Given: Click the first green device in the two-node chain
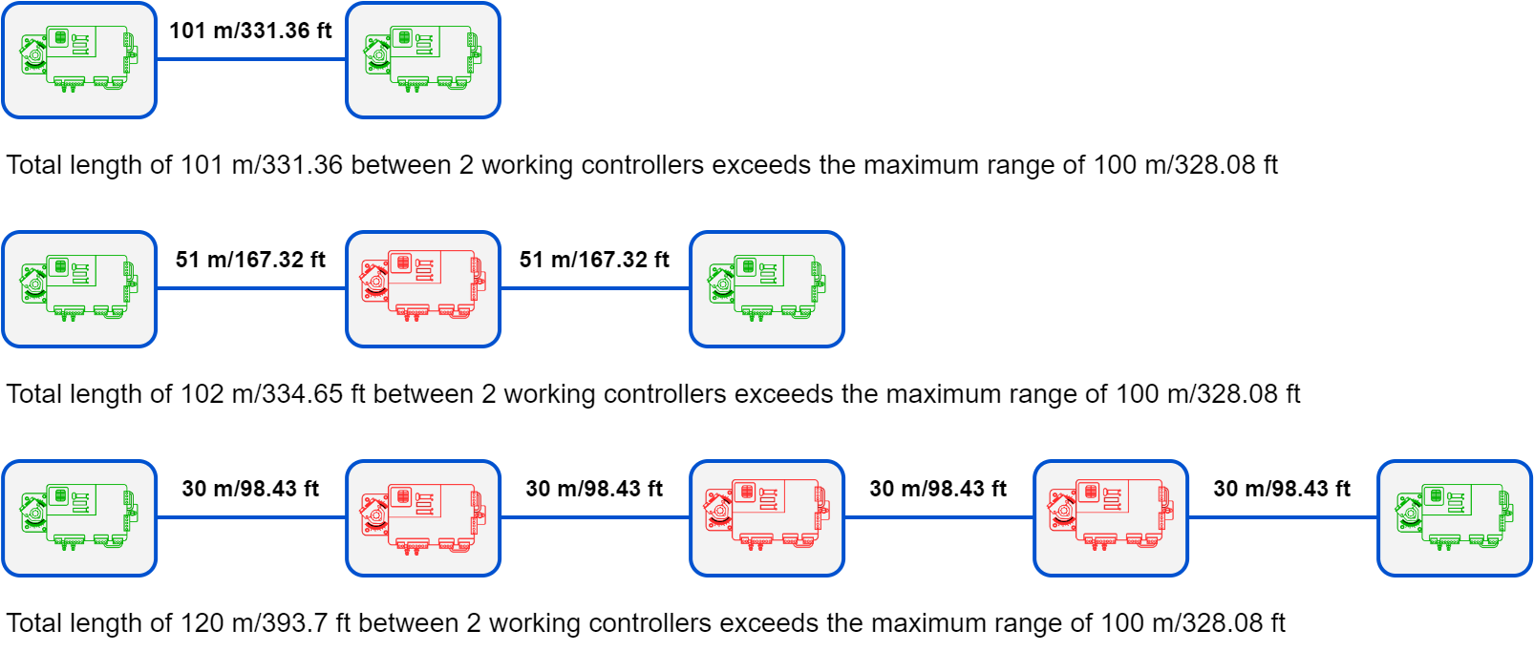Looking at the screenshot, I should (x=79, y=60).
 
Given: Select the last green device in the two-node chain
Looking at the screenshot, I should (x=423, y=60).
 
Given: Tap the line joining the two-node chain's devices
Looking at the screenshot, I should (x=251, y=59).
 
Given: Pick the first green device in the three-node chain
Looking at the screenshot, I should (x=79, y=289).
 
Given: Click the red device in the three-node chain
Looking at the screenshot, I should (x=423, y=289).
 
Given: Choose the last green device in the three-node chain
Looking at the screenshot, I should (x=767, y=289).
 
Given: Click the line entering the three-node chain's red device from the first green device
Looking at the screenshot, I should (x=251, y=288).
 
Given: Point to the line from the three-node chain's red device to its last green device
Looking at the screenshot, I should (x=595, y=288).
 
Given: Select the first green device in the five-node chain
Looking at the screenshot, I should (x=79, y=518).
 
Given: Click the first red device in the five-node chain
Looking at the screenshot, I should (x=423, y=518).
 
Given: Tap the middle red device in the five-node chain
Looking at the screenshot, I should (x=767, y=518).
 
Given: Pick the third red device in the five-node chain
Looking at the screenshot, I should (x=1111, y=518).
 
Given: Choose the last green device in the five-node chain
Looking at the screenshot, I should (x=1455, y=518).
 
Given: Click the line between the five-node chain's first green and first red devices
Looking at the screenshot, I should (x=251, y=517).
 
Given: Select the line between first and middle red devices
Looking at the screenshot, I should (x=595, y=517).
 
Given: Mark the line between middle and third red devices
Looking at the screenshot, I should (x=939, y=517).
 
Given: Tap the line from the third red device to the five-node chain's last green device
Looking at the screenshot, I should (x=1283, y=517).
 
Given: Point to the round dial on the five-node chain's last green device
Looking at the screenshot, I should (x=1411, y=514).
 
